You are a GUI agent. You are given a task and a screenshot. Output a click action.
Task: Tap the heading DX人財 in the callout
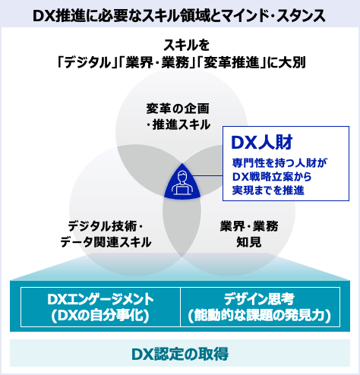point(262,143)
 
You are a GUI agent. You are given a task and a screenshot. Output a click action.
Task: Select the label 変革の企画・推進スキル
point(178,117)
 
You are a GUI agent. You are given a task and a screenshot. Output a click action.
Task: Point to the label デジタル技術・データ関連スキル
point(106,235)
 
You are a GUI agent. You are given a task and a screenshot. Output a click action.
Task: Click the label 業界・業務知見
point(249,235)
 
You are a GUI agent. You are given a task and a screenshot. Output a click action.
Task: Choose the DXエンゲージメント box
point(100,307)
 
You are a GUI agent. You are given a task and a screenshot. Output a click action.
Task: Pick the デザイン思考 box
point(260,307)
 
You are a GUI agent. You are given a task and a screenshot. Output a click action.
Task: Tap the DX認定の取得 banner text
point(180,354)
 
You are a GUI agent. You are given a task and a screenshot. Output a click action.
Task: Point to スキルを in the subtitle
point(187,46)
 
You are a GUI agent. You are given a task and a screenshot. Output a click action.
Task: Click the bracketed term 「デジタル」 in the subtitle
point(85,62)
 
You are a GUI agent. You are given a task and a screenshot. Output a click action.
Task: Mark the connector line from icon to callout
point(207,175)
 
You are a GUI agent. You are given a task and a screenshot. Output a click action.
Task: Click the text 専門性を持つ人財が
point(279,163)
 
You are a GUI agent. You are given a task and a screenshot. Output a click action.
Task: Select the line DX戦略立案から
point(272,177)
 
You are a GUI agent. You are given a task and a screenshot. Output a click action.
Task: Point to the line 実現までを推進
point(268,191)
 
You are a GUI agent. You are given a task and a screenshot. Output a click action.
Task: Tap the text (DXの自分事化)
point(100,316)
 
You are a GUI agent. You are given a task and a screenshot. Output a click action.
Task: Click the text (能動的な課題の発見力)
point(260,316)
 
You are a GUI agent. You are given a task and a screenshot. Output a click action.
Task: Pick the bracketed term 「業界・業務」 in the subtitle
point(155,62)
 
